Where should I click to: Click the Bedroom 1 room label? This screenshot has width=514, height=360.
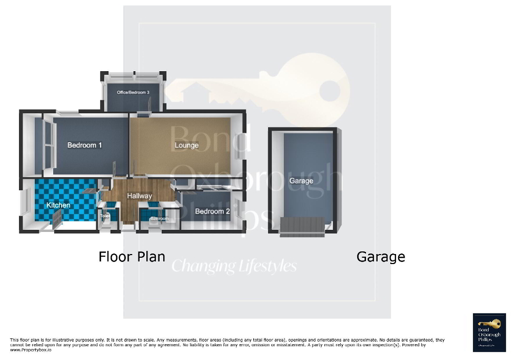84,145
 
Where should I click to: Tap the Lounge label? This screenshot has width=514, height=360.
186,145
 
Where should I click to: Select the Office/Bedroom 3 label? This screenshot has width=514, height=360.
133,92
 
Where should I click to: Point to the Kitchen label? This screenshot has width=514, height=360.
58,205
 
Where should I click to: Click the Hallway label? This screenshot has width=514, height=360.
139,196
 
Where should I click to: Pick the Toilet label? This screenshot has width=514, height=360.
105,216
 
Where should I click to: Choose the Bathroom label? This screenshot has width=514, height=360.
159,218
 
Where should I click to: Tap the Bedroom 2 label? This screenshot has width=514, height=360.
212,211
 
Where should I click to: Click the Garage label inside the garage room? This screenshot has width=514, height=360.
301,180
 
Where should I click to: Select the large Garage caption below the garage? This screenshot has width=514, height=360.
381,257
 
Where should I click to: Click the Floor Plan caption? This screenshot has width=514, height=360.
132,257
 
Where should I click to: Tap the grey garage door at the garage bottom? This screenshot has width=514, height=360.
302,226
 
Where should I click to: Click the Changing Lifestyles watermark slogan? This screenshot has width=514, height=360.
234,266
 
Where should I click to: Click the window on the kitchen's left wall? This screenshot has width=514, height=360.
24,203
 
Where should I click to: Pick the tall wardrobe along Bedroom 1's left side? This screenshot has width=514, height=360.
49,145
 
